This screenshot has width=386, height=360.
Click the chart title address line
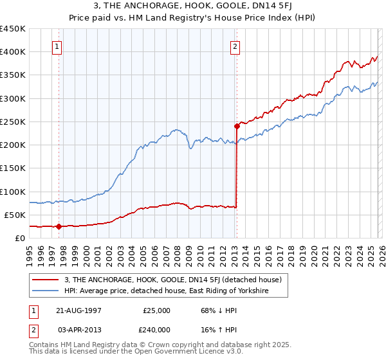tap(192, 6)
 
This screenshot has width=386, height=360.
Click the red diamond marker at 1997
tap(59, 226)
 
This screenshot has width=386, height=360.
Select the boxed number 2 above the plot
tap(235, 46)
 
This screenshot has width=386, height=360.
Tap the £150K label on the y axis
tap(13, 168)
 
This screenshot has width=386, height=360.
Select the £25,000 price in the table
tap(157, 310)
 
